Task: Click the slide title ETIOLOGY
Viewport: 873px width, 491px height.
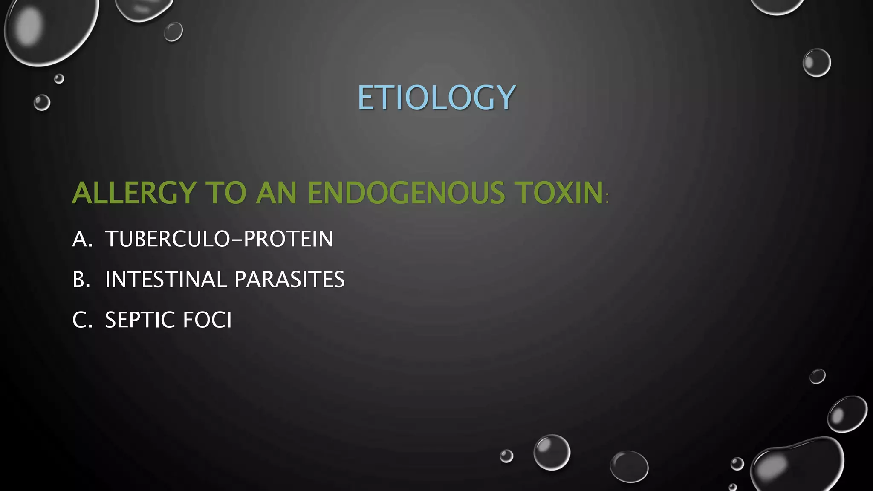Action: [x=436, y=98]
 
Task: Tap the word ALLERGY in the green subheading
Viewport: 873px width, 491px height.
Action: [x=134, y=193]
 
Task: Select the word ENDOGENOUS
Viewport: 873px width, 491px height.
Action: [x=405, y=193]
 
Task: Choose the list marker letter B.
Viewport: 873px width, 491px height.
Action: [x=81, y=280]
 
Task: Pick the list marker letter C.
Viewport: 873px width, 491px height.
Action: [x=81, y=320]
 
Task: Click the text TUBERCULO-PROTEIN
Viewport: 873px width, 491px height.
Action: [x=219, y=239]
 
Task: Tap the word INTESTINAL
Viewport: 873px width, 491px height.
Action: [x=166, y=280]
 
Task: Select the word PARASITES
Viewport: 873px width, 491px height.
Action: [x=289, y=280]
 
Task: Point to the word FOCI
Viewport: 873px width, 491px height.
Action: [x=207, y=320]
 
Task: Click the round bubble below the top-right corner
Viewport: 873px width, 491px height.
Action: [x=817, y=63]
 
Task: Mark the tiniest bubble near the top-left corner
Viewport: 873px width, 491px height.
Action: [x=59, y=78]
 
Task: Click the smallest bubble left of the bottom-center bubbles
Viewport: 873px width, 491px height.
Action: [x=506, y=456]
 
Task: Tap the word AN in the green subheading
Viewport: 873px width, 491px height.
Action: [x=276, y=193]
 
